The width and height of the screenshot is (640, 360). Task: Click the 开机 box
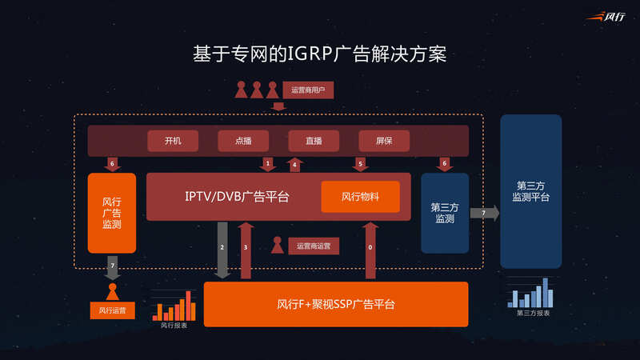[x=173, y=141]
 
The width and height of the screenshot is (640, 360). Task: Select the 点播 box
[x=243, y=141]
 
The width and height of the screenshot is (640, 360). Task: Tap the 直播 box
[x=314, y=141]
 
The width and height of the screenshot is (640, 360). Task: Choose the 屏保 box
[x=383, y=141]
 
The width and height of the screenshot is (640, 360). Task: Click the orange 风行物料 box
[x=360, y=197]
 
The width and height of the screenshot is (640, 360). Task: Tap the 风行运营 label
[x=112, y=309]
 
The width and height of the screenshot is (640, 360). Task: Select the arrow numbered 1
[x=267, y=163]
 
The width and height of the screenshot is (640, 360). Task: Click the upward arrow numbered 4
[x=294, y=164]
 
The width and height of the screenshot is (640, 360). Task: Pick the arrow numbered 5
[x=360, y=163]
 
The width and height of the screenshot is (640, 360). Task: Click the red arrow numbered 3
[x=246, y=250]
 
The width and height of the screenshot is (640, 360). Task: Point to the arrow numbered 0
[x=370, y=250]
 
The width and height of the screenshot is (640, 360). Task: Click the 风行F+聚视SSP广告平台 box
[x=336, y=304]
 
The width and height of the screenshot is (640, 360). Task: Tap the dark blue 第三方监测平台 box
[x=531, y=190]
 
